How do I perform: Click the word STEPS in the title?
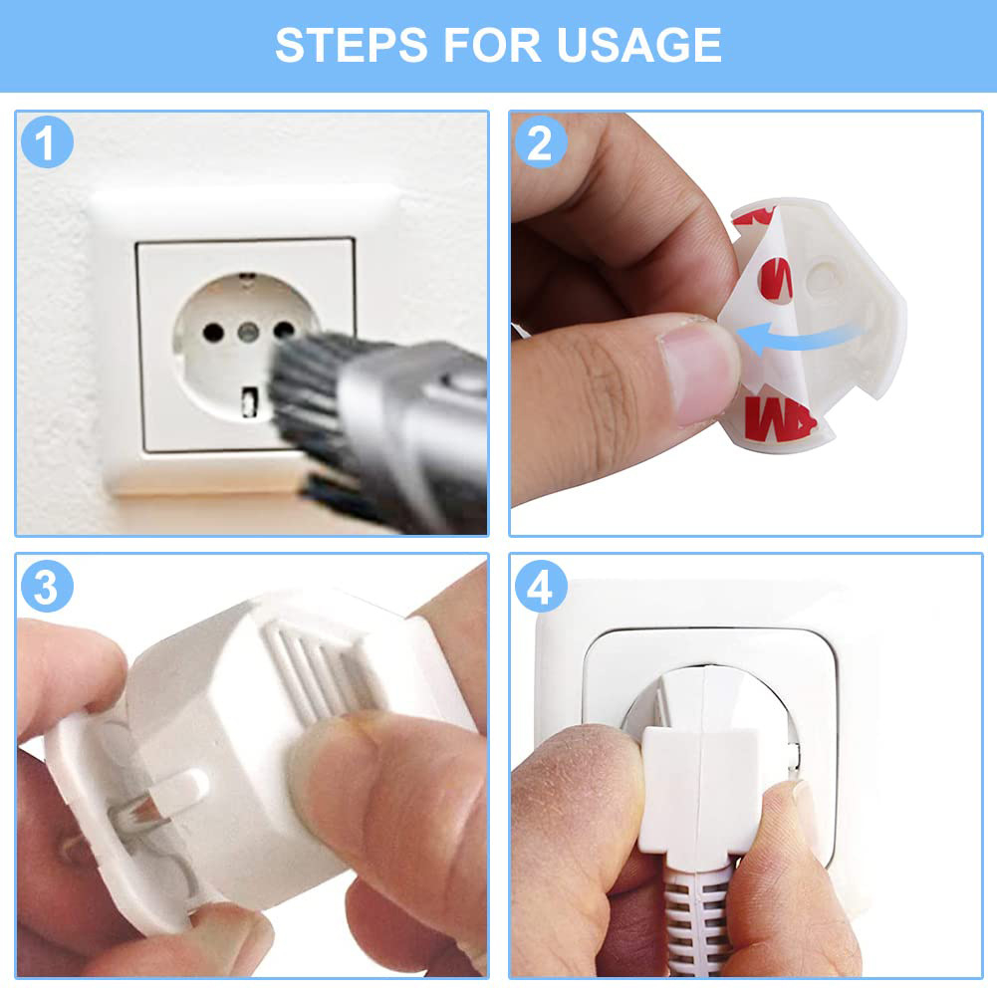point(351,45)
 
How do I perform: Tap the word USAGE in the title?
point(639,45)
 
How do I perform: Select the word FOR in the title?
point(491,45)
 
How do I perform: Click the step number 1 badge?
point(47,141)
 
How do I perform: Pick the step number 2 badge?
point(541,141)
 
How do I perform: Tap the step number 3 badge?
point(47,587)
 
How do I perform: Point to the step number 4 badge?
point(541,587)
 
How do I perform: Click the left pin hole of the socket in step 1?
point(213,332)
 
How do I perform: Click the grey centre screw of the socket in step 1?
point(248,332)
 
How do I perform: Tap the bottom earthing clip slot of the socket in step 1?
point(250,402)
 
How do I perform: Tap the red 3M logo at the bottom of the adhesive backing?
point(780,418)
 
